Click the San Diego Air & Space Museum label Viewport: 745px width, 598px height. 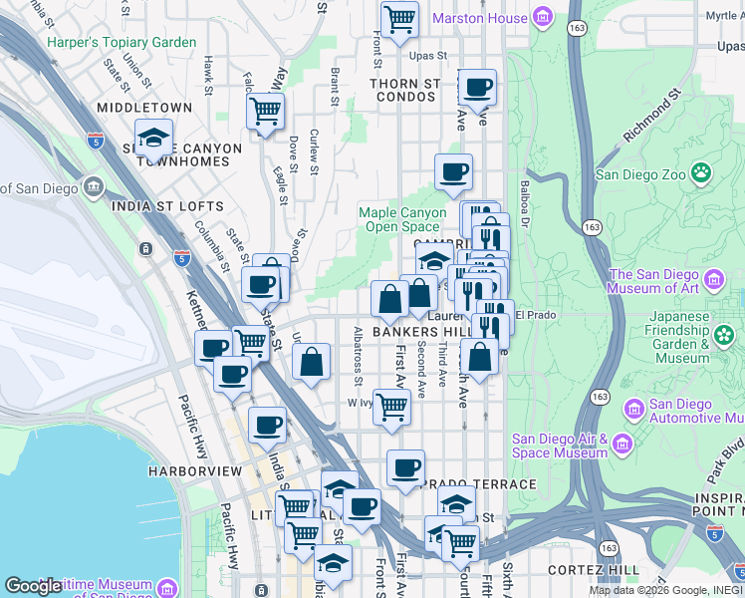559,446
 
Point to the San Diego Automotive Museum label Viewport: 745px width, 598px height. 680,412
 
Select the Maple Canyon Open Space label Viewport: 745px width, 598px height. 402,219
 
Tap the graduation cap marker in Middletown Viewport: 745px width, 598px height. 153,138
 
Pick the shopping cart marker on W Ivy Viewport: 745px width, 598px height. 392,406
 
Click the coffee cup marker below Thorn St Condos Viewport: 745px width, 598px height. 453,171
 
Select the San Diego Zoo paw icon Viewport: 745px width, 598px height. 702,173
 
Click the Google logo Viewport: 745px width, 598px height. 33,586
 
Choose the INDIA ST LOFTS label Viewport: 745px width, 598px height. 168,206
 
